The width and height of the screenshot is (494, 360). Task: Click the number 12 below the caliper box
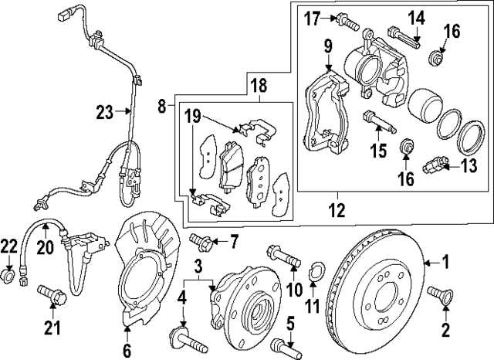(337, 208)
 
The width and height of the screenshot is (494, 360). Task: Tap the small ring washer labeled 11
(316, 272)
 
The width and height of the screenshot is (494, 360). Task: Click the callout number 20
(45, 247)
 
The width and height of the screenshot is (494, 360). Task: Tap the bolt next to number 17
(347, 23)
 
